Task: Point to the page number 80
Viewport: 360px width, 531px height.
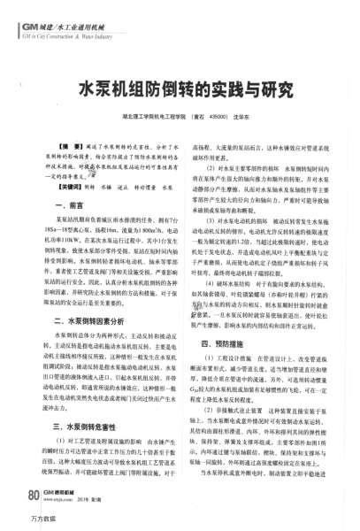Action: [34, 494]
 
